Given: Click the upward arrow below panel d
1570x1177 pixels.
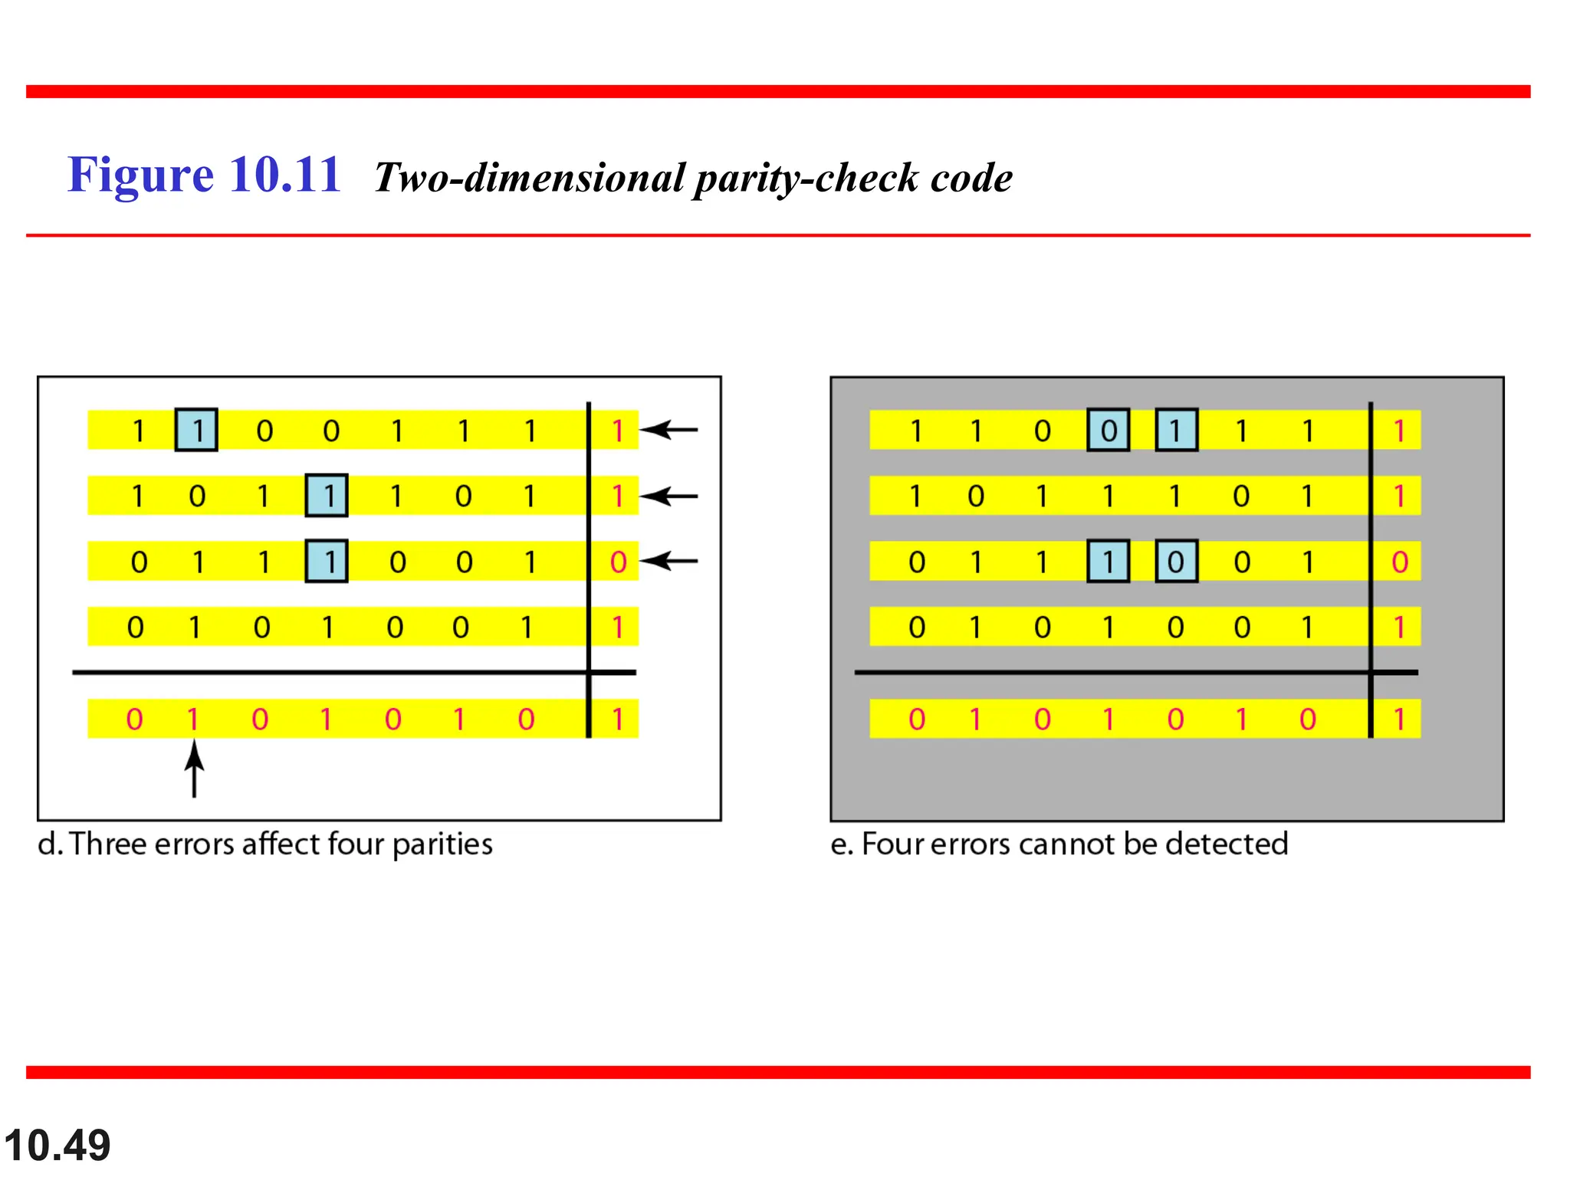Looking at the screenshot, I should coord(195,768).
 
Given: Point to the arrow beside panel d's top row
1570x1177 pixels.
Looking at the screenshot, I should coord(669,430).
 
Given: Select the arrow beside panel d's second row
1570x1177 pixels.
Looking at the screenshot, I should coord(669,497).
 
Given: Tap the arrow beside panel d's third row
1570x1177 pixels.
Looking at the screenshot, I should coord(669,562).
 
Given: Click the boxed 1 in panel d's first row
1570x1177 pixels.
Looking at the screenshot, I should coord(196,430).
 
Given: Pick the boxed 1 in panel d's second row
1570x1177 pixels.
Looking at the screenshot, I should coord(327,496).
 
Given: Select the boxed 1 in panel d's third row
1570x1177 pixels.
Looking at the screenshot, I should coord(327,562).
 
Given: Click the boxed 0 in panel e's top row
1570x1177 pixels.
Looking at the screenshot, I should coord(1108,430).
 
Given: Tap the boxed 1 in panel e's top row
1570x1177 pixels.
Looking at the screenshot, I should coord(1176,430).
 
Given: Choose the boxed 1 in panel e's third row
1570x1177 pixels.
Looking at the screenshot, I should coord(1108,562).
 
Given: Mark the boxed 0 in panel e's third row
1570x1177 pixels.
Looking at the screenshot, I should coord(1176,562).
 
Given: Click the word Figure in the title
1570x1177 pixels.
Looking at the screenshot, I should coord(140,175).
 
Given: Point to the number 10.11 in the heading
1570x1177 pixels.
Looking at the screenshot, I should coord(284,175).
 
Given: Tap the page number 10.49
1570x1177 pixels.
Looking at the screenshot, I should coord(57,1146).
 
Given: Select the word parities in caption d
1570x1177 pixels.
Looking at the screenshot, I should coord(442,844).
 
